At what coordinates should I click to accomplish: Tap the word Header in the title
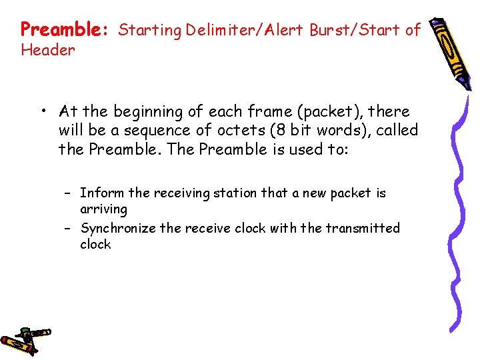(48, 50)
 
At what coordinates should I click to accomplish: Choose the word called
(397, 130)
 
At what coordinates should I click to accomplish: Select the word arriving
(103, 209)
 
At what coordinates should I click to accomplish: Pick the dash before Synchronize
(67, 228)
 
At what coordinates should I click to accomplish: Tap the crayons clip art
(25, 339)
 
